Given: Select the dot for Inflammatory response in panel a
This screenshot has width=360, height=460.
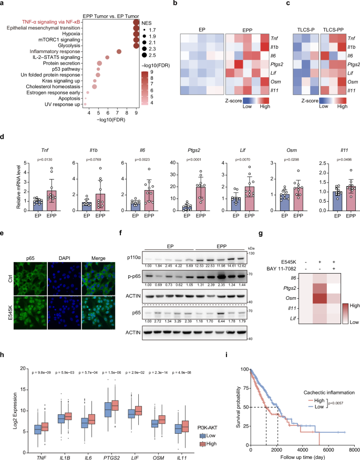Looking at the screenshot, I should click(119, 51).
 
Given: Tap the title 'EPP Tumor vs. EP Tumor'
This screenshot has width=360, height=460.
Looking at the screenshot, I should click(113, 14).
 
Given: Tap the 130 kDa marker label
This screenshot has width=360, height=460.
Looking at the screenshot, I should click(251, 253).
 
